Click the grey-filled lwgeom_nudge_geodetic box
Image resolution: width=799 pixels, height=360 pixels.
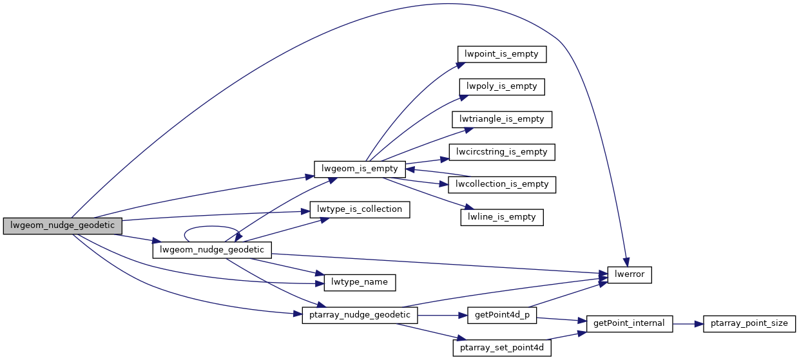pos(63,225)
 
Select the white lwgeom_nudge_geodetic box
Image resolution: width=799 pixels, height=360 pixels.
pos(212,250)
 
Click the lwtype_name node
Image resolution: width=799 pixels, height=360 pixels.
pos(354,282)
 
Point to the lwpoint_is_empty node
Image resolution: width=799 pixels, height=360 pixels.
pos(501,54)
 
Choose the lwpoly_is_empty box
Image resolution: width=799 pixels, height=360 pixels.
pos(502,86)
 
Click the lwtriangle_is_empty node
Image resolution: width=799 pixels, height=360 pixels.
pos(502,119)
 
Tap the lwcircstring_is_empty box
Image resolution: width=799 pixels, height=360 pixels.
pos(502,152)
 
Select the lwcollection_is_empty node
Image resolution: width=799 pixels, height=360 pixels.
pos(502,184)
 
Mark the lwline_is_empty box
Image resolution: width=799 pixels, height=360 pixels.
pos(502,217)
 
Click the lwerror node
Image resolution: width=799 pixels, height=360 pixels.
pos(630,274)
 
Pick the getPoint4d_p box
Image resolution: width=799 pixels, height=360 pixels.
pos(502,316)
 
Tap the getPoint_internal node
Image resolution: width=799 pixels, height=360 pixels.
pos(630,323)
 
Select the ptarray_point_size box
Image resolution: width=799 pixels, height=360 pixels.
pos(749,323)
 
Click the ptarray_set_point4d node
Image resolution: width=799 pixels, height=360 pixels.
pos(502,348)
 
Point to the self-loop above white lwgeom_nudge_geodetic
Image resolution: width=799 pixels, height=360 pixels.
pos(212,227)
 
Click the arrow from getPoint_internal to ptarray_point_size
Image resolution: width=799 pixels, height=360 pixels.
pos(688,323)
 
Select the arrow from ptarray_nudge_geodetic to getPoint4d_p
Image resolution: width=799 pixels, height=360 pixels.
pos(442,316)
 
